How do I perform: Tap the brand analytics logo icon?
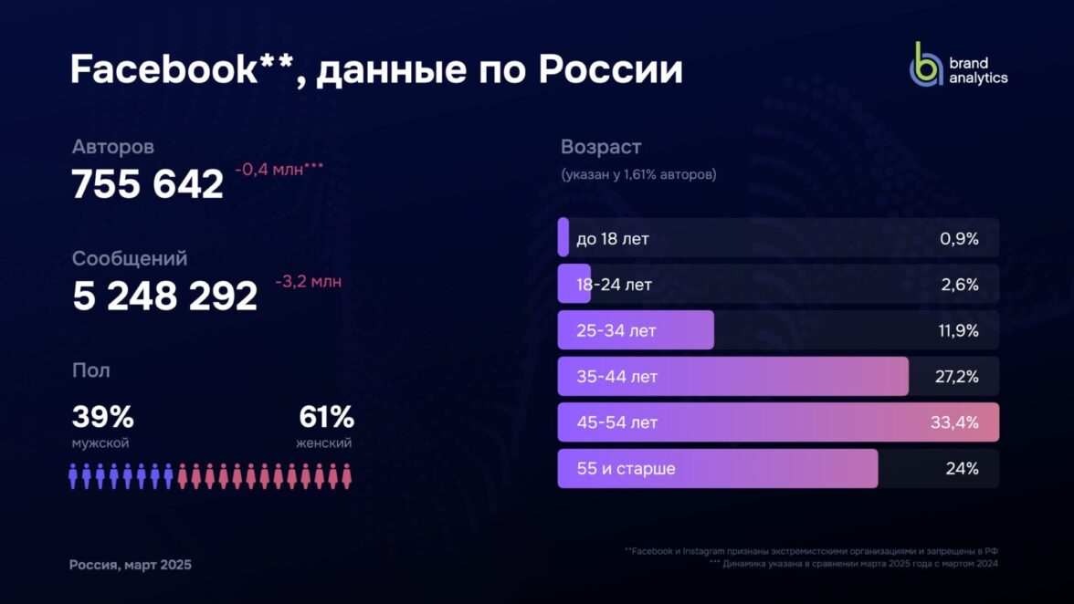pyautogui.click(x=925, y=64)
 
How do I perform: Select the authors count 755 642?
pyautogui.click(x=148, y=184)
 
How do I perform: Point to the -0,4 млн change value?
pyautogui.click(x=279, y=169)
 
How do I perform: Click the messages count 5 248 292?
pyautogui.click(x=165, y=296)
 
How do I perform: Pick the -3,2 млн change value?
pyautogui.click(x=308, y=281)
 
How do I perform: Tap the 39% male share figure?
pyautogui.click(x=102, y=418)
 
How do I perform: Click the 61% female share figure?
pyautogui.click(x=326, y=418)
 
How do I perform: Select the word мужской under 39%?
pyautogui.click(x=100, y=443)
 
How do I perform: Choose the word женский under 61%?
pyautogui.click(x=323, y=443)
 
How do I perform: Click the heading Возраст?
pyautogui.click(x=601, y=147)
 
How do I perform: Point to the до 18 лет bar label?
pyautogui.click(x=613, y=239)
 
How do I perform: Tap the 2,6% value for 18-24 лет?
pyautogui.click(x=959, y=285)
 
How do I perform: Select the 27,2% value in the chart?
pyautogui.click(x=956, y=376)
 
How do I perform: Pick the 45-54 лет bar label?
pyautogui.click(x=616, y=422)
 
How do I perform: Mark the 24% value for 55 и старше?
pyautogui.click(x=962, y=469)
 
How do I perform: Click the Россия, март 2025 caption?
pyautogui.click(x=131, y=565)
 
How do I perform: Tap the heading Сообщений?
pyautogui.click(x=130, y=258)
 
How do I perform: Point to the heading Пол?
pyautogui.click(x=90, y=370)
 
